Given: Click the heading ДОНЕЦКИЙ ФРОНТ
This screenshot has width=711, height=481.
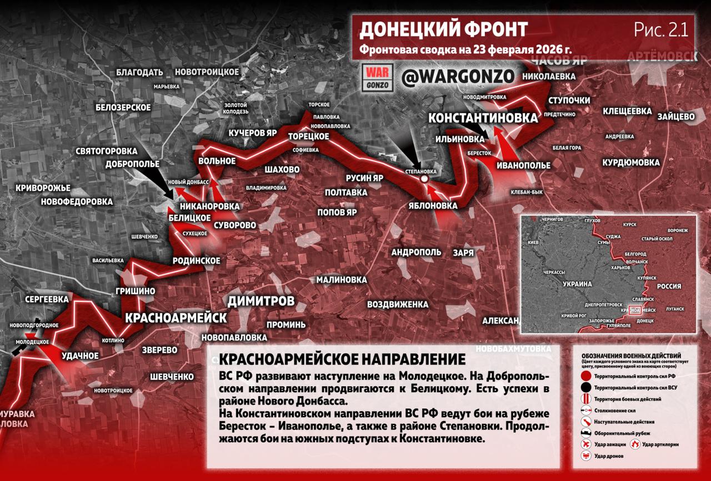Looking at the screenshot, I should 443,29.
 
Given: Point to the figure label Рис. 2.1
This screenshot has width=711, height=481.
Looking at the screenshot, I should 661,29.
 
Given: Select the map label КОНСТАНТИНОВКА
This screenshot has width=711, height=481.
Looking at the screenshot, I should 483,118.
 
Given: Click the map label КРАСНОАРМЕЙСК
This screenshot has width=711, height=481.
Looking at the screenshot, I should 176,318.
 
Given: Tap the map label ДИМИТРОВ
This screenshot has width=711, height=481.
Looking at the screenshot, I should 261,301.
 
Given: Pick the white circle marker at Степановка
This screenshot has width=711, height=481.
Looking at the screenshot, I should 424,180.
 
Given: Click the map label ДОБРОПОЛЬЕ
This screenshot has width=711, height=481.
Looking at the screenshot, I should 132,164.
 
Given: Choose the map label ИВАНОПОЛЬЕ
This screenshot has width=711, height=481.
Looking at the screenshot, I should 524,165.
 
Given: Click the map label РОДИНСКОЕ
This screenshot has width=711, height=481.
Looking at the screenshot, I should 196,261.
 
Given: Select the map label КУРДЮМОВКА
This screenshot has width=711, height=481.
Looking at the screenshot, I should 631,163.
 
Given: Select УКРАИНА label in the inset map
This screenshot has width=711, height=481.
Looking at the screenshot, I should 578,283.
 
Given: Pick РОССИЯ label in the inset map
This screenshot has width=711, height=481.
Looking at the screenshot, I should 669,286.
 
